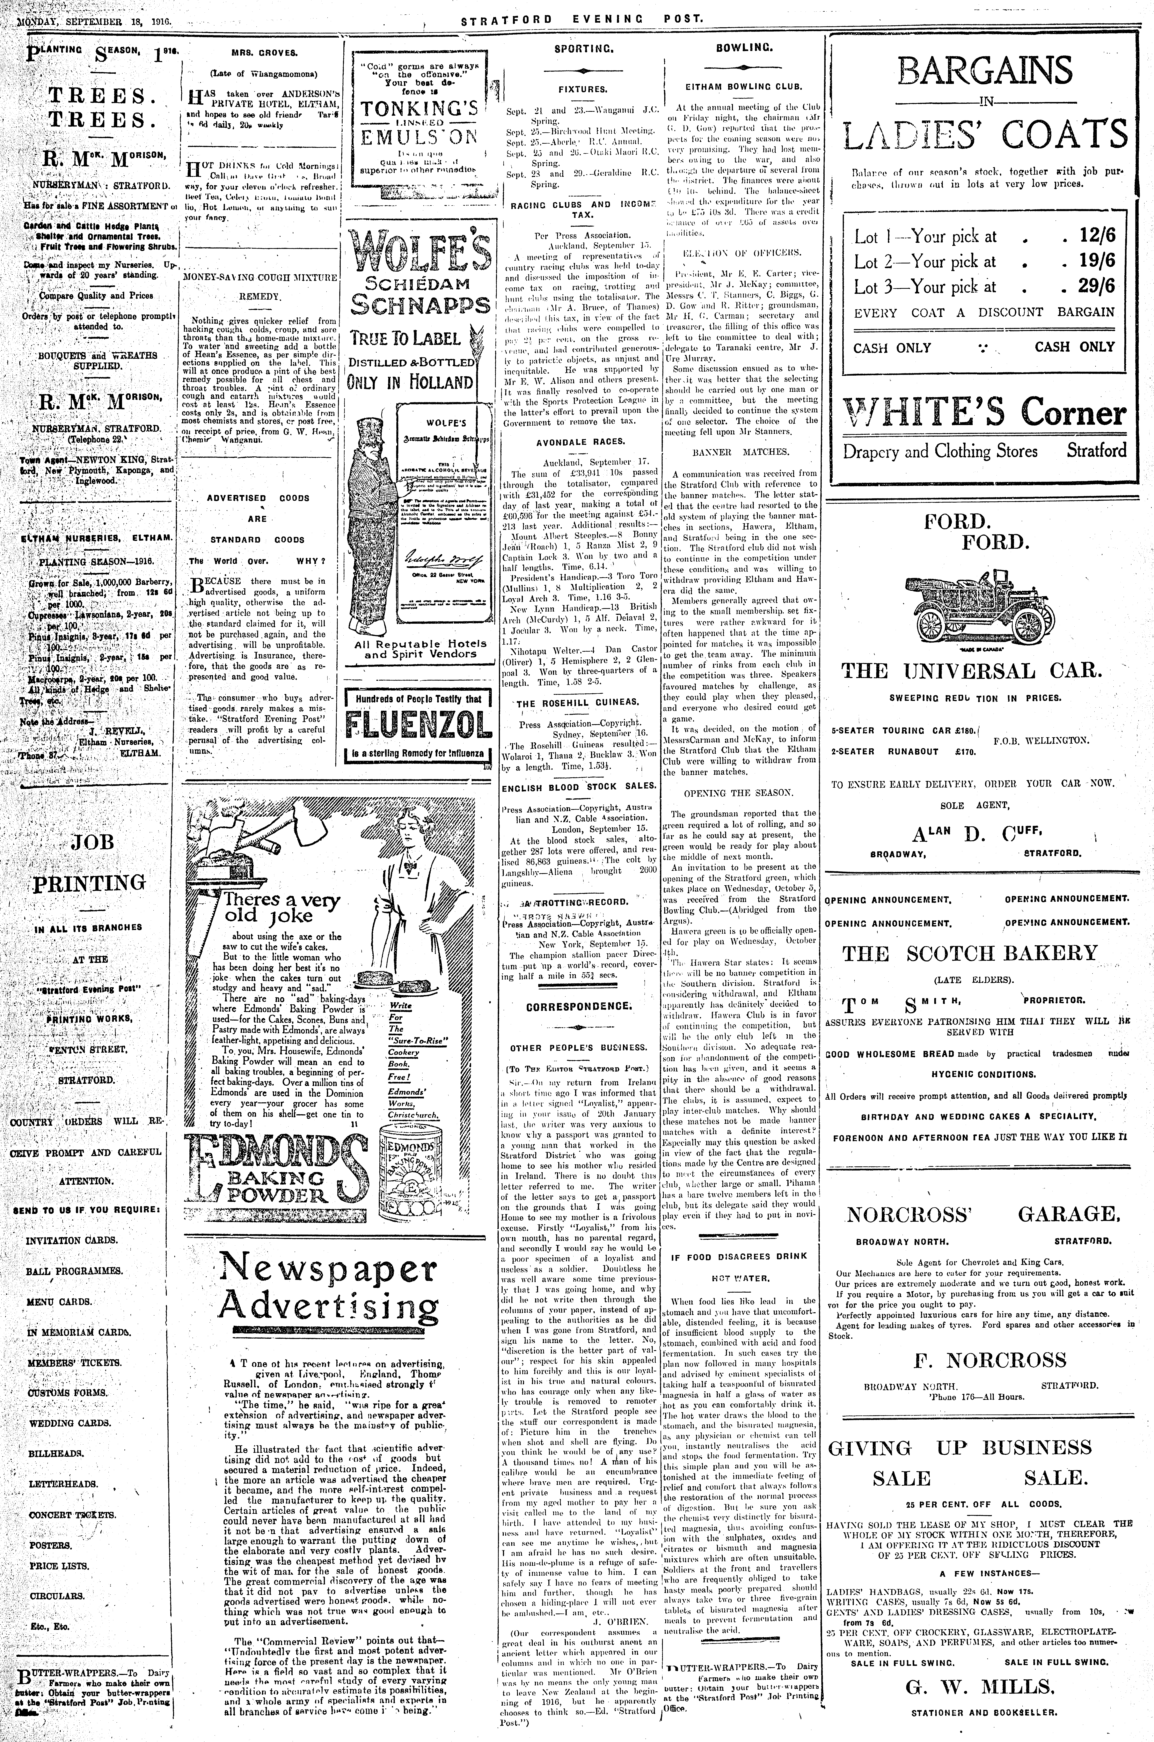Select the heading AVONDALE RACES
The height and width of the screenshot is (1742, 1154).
tap(580, 442)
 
